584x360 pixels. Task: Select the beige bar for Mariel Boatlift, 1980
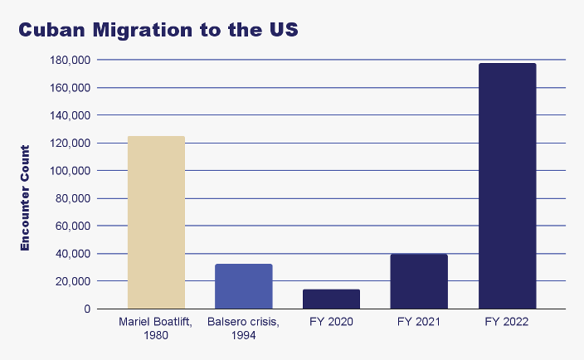pos(156,222)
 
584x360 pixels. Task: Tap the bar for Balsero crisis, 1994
pos(244,286)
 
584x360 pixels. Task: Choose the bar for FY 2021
pos(420,281)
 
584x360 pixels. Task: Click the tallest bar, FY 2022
pos(508,186)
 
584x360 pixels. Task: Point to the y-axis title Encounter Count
pos(25,197)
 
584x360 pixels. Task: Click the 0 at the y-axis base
pos(86,309)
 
